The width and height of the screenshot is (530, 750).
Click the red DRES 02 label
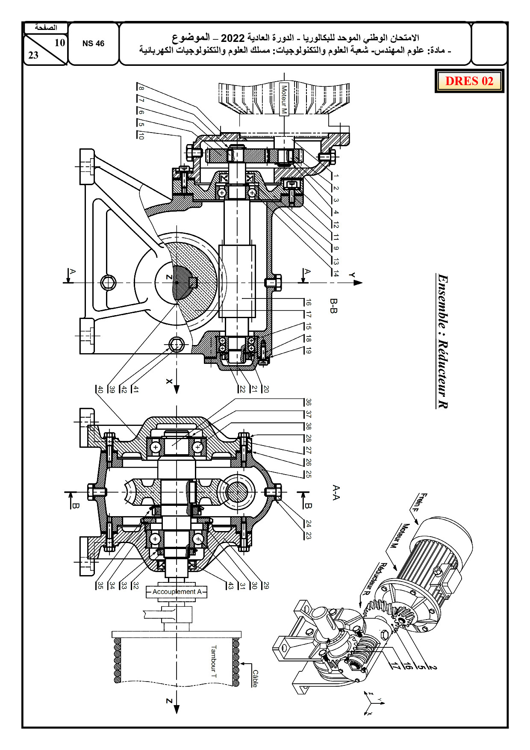(x=469, y=81)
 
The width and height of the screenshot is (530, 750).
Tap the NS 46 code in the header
(x=93, y=44)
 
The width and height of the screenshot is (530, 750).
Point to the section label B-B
(x=334, y=306)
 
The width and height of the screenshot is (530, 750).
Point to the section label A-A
(x=336, y=493)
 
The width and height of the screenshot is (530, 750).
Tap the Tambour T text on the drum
(x=213, y=662)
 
